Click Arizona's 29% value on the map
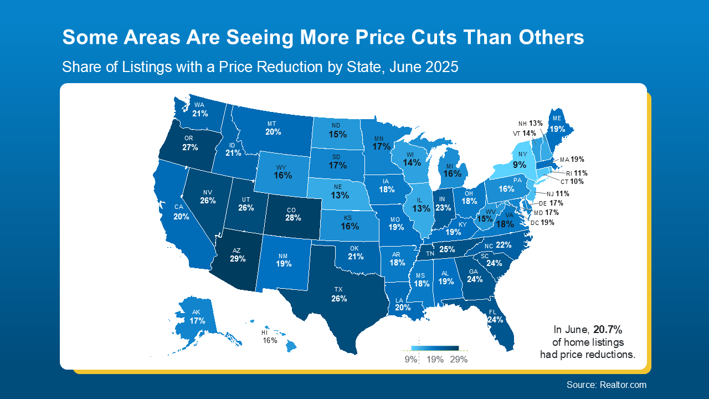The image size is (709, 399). [238, 259]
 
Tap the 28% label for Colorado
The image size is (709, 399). [293, 218]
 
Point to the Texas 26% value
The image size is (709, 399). [339, 299]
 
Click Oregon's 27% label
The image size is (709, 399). [190, 147]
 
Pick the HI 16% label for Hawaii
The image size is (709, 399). [270, 337]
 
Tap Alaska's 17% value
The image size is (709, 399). [198, 321]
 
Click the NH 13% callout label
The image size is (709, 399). [530, 124]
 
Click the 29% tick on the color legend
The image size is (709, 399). [459, 359]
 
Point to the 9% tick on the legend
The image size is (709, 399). [410, 359]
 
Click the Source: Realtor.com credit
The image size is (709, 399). [606, 385]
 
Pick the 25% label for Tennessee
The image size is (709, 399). [447, 250]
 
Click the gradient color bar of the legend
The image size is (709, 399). [435, 348]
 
